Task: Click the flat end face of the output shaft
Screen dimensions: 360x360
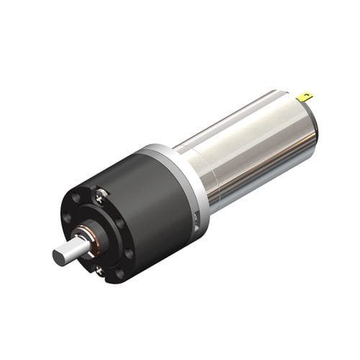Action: [x=60, y=256]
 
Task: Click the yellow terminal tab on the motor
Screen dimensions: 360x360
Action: [x=305, y=96]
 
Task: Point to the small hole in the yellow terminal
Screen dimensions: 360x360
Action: [x=308, y=94]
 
